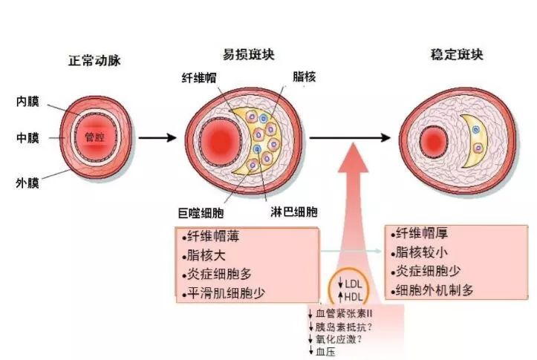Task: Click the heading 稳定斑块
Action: [457, 55]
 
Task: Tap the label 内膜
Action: [28, 102]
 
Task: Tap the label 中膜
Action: [28, 138]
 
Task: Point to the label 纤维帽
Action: [198, 77]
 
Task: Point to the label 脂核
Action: [305, 76]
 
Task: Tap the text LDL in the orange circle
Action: [352, 283]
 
